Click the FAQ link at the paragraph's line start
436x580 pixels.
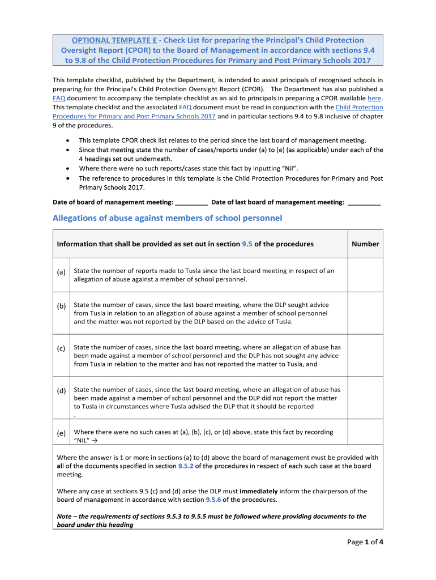pyautogui.click(x=59, y=98)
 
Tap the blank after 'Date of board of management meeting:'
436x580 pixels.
pyautogui.click(x=191, y=202)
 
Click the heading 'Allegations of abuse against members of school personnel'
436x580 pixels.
pyautogui.click(x=167, y=218)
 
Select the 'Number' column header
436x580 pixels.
pyautogui.click(x=365, y=244)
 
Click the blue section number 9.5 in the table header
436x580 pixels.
pyautogui.click(x=247, y=244)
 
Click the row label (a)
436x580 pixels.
pyautogui.click(x=61, y=272)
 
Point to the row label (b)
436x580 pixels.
pyautogui.click(x=61, y=306)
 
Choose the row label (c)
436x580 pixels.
pyautogui.click(x=61, y=348)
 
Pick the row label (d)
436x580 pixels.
pyautogui.click(x=61, y=390)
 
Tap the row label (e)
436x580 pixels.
pyautogui.click(x=61, y=433)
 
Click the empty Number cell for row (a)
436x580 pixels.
pyautogui.click(x=365, y=275)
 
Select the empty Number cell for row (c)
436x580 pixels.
pyautogui.click(x=365, y=355)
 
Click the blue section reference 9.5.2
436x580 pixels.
pyautogui.click(x=186, y=466)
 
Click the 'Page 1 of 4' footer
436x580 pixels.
pyautogui.click(x=365, y=542)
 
